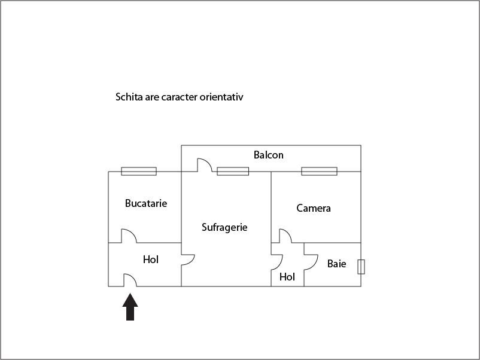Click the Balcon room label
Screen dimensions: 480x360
pos(269,155)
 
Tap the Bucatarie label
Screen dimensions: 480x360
pos(146,203)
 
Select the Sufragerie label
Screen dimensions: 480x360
pos(224,227)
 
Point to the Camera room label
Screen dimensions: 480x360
pos(314,208)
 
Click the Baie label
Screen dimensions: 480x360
pos(337,264)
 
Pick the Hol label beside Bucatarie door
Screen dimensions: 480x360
pos(151,260)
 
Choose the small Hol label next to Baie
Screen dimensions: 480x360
pos(287,277)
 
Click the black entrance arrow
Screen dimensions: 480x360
pos(130,307)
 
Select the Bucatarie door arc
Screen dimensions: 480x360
pos(129,236)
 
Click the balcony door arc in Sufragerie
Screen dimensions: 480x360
pos(205,165)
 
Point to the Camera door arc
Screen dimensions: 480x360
pos(285,236)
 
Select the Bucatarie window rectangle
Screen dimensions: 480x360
pos(139,171)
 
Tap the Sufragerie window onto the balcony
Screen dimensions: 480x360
pos(233,171)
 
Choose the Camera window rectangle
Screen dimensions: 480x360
pos(319,171)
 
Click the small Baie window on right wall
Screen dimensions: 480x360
pos(361,267)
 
